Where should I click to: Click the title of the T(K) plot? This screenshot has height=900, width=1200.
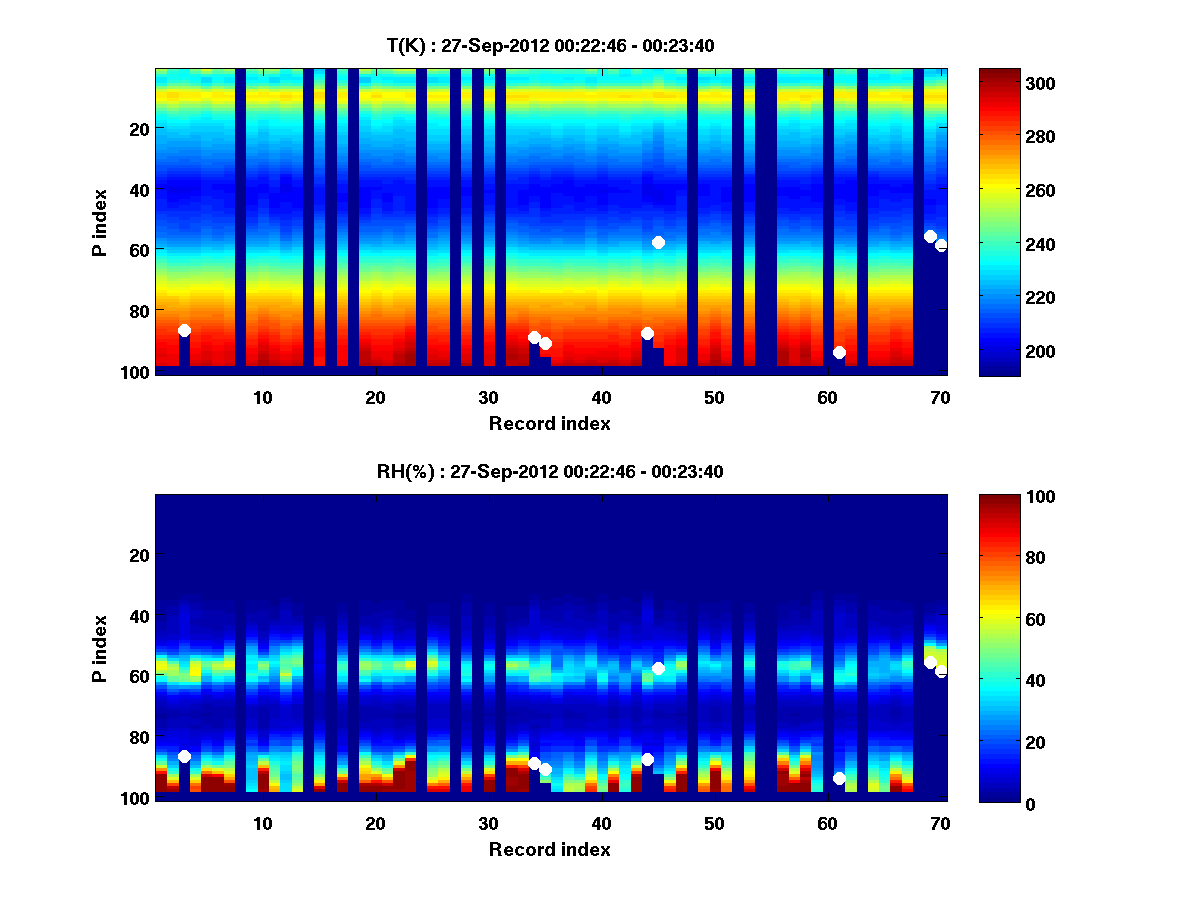(550, 45)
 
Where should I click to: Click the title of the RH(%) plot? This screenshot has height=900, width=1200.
(550, 471)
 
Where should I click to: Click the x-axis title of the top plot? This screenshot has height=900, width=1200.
(549, 423)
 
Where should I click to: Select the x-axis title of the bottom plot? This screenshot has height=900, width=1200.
(549, 849)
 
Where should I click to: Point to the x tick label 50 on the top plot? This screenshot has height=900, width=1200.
(714, 397)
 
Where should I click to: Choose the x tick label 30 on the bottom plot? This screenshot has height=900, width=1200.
(488, 823)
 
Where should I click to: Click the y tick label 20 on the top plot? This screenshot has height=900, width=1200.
(138, 128)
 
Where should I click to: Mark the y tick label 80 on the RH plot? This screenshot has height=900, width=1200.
(138, 737)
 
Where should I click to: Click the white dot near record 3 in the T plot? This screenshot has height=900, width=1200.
(184, 330)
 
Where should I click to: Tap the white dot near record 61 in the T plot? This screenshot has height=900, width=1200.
(839, 352)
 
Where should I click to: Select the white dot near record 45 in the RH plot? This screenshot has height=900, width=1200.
(658, 668)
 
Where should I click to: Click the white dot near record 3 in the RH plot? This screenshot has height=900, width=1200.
(184, 756)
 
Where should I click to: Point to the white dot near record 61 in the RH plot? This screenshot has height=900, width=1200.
(839, 778)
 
